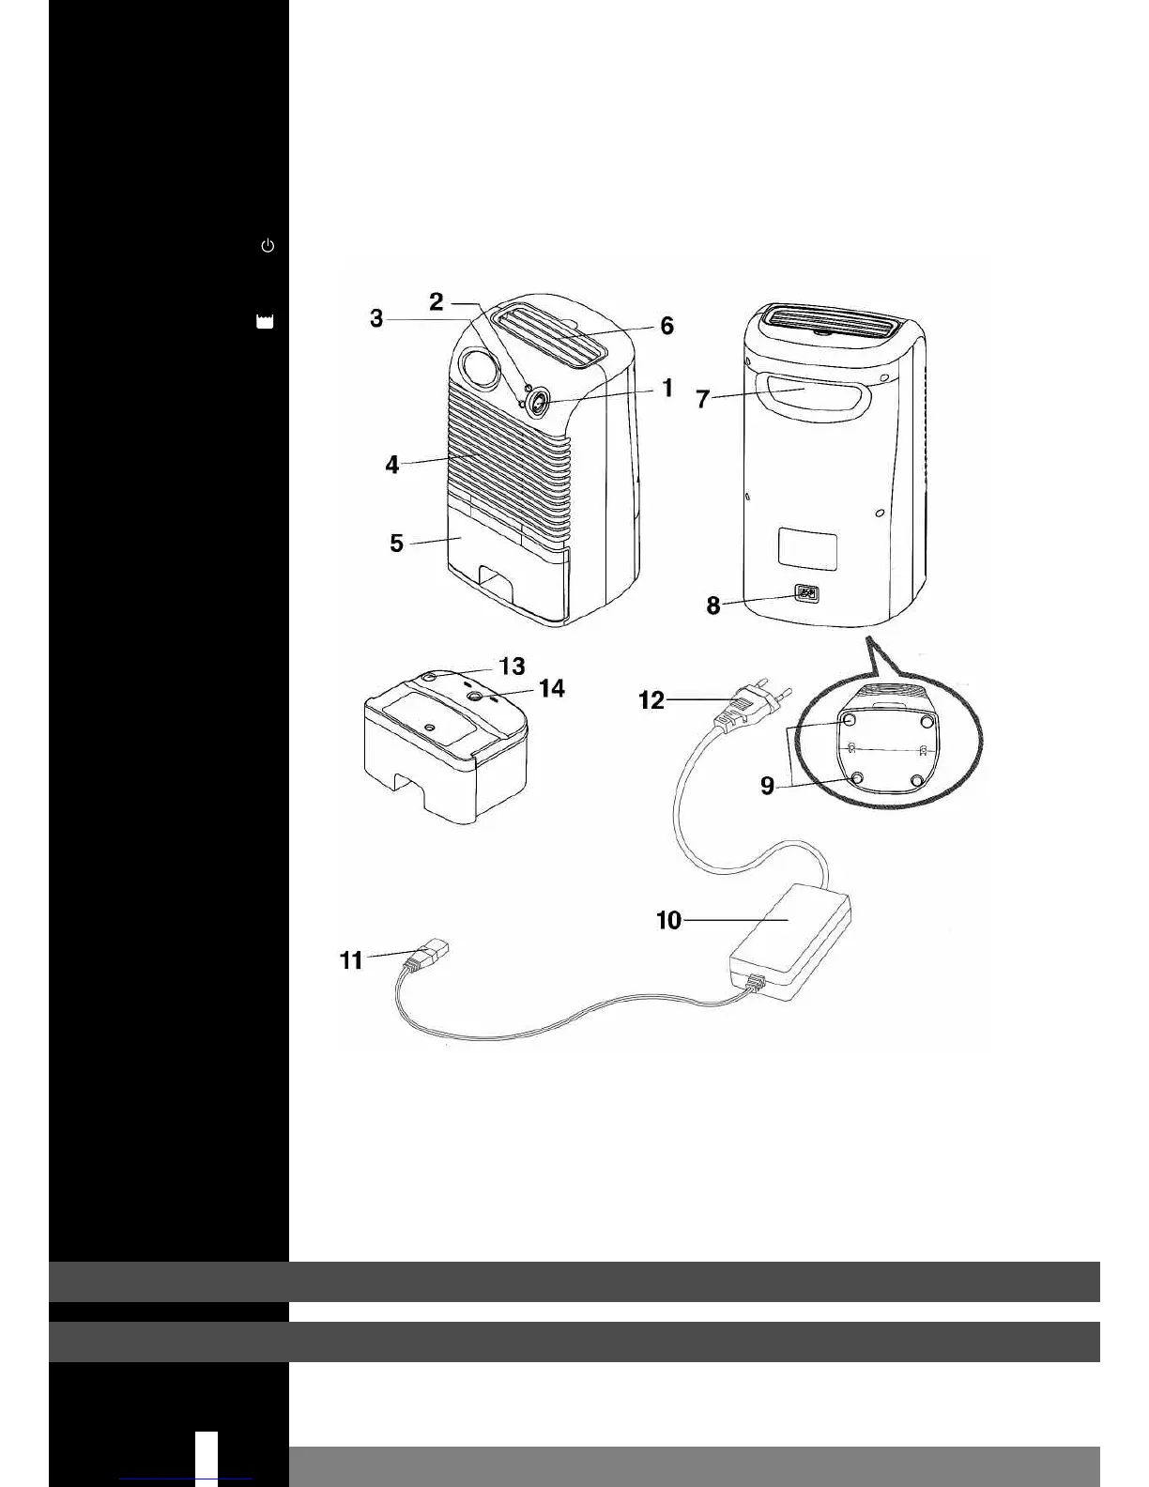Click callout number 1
click(667, 388)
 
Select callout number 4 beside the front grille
click(392, 464)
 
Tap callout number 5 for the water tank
click(396, 544)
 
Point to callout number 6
click(666, 326)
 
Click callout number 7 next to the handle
click(702, 399)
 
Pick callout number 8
click(713, 606)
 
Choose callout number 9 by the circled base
click(768, 785)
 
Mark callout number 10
click(668, 920)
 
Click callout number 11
click(351, 959)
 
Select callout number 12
click(651, 700)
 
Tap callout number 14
click(552, 688)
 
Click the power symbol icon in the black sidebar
click(268, 246)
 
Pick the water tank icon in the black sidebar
click(265, 322)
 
